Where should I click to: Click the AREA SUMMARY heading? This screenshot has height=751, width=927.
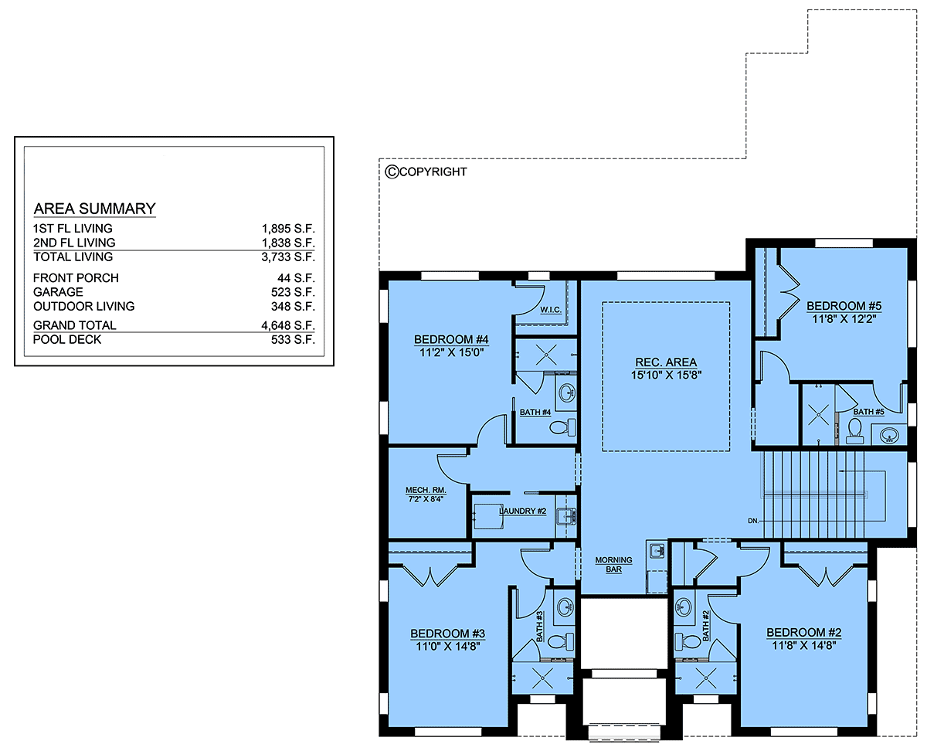(94, 209)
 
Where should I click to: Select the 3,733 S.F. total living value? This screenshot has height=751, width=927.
(288, 257)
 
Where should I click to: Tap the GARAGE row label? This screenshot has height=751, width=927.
(58, 292)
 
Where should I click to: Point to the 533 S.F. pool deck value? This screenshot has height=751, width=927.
(293, 340)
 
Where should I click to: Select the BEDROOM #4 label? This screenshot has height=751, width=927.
(451, 339)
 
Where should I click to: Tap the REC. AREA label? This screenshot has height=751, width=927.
(666, 362)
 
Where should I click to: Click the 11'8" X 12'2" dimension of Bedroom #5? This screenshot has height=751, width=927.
(844, 318)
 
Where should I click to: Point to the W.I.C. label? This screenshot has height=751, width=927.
(551, 310)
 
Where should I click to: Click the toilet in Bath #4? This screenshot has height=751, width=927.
(562, 427)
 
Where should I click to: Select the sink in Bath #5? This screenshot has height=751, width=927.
(889, 434)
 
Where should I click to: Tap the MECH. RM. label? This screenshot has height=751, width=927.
(426, 490)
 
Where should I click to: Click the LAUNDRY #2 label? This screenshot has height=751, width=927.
(522, 511)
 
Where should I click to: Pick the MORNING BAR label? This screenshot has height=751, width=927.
(613, 564)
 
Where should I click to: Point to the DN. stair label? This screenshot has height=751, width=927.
(753, 521)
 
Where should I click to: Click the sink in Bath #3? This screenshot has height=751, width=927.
(565, 606)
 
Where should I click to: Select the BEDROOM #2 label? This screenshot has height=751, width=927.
(804, 632)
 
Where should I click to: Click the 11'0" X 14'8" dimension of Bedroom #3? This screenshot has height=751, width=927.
(447, 646)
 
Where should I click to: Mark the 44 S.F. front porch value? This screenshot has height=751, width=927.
(296, 277)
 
